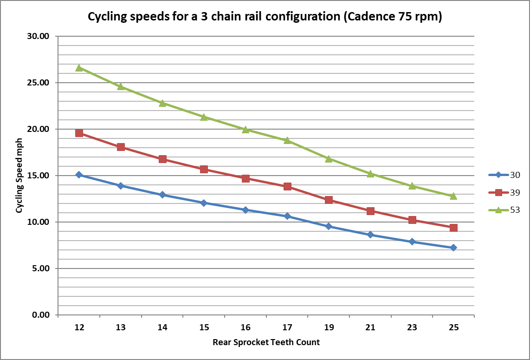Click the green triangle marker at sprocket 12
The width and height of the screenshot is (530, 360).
pyautogui.click(x=79, y=68)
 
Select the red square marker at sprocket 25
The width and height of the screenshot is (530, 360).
pyautogui.click(x=453, y=228)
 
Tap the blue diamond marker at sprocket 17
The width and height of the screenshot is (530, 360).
pyautogui.click(x=287, y=216)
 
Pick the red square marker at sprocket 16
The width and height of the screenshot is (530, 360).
pyautogui.click(x=246, y=178)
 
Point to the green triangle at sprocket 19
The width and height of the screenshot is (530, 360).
pyautogui.click(x=329, y=159)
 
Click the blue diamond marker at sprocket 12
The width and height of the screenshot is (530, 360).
pyautogui.click(x=79, y=175)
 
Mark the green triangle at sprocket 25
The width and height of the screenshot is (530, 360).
pyautogui.click(x=453, y=196)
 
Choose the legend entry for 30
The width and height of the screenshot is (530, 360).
pyautogui.click(x=504, y=175)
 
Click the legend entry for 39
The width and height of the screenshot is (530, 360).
pyautogui.click(x=504, y=192)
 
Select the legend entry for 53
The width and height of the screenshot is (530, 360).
pyautogui.click(x=504, y=209)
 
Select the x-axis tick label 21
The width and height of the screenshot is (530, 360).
pyautogui.click(x=370, y=327)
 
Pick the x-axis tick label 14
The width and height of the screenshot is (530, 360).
pyautogui.click(x=162, y=327)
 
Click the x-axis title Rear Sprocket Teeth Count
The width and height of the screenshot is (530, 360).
pyautogui.click(x=266, y=342)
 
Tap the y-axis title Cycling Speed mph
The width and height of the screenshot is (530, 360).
pyautogui.click(x=19, y=176)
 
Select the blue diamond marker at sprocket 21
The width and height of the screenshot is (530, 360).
pyautogui.click(x=370, y=235)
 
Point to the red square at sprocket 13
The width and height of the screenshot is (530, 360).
pyautogui.click(x=121, y=147)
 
